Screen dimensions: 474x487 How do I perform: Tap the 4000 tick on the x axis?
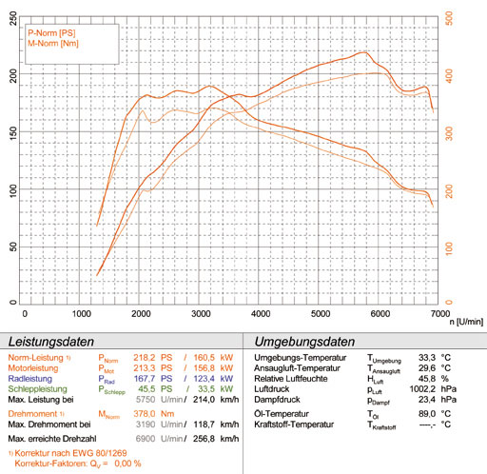pos(259,311)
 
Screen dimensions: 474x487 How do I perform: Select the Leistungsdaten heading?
pos(53,342)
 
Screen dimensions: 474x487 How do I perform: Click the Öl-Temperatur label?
pos(284,415)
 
